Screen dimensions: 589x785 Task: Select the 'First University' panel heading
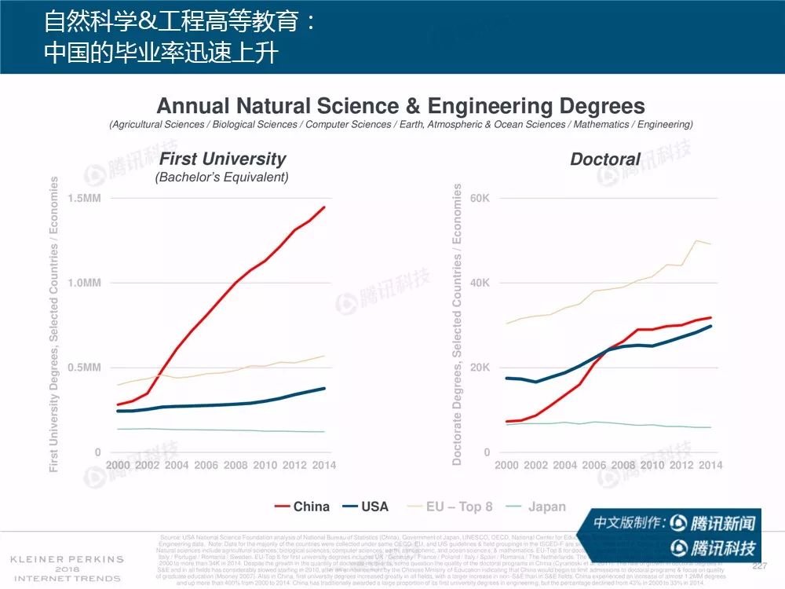coord(222,159)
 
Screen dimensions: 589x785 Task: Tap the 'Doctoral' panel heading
coord(604,159)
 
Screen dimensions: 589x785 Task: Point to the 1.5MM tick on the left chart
coord(84,198)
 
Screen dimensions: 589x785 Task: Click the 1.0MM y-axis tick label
coord(84,283)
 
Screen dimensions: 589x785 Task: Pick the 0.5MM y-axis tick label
coord(84,368)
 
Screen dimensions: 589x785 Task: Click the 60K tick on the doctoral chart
coord(480,198)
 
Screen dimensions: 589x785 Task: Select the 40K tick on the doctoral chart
coord(480,283)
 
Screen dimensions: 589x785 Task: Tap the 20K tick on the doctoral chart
coord(480,368)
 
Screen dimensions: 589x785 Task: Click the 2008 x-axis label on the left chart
coord(235,465)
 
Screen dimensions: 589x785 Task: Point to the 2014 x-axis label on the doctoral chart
coord(710,465)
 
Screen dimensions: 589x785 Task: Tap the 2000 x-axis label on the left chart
coord(119,465)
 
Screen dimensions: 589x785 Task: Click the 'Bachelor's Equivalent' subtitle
coord(222,177)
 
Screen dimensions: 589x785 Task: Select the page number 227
coord(759,566)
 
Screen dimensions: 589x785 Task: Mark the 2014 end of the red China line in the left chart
coord(324,207)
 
